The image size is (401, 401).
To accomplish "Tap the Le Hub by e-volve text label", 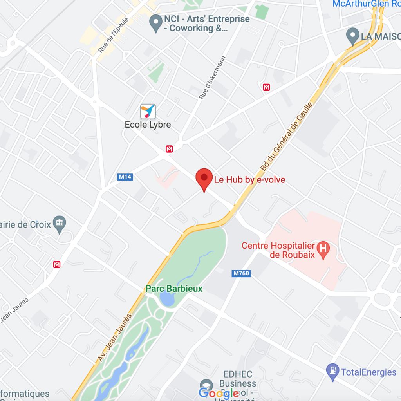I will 249,180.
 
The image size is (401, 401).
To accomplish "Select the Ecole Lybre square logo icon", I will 148,112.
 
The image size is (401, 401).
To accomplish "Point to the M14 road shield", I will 125,177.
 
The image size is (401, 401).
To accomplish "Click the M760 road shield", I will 241,273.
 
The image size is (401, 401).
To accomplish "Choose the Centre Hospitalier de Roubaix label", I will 278,250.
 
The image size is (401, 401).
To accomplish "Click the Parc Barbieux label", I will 174,289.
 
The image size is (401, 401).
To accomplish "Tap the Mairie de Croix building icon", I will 60,224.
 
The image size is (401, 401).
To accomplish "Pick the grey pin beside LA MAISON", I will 353,36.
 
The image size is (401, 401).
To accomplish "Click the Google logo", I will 219,393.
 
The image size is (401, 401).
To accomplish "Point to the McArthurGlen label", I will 366,4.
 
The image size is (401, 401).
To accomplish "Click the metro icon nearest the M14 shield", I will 169,149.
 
